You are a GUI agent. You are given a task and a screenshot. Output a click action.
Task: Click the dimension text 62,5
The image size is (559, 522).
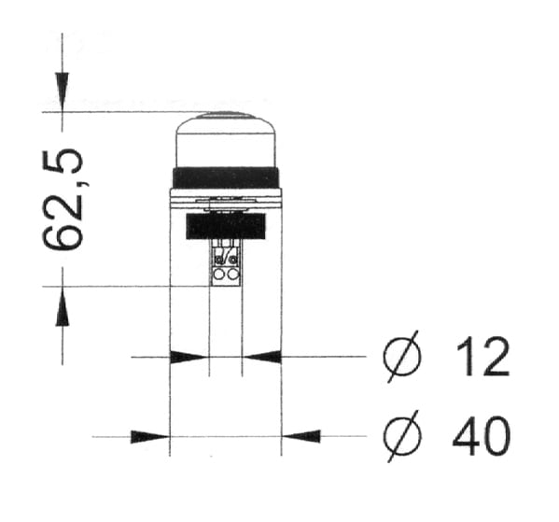tap(64, 199)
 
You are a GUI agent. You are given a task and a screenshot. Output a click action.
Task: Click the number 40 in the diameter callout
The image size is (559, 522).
tap(481, 436)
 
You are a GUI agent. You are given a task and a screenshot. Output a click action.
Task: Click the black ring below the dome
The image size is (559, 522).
tap(226, 177)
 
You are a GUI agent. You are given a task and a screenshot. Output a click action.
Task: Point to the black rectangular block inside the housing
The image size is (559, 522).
tap(226, 226)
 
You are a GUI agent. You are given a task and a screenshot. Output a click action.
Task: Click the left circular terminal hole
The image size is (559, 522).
tap(219, 275)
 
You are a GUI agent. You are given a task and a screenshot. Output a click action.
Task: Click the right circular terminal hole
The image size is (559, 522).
tap(231, 275)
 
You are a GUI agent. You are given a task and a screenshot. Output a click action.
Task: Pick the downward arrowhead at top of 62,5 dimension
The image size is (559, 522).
tap(62, 93)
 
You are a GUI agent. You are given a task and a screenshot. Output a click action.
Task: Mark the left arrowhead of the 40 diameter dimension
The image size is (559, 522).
tap(149, 436)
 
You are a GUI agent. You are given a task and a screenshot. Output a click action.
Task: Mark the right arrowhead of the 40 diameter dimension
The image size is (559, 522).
tap(301, 436)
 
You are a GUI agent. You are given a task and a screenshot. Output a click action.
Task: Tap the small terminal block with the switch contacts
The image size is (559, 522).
tap(225, 262)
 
